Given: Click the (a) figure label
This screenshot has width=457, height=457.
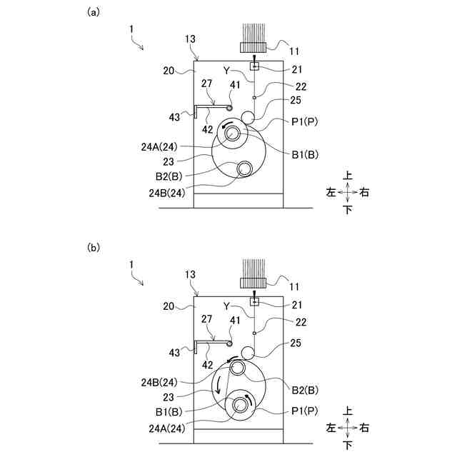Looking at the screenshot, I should pos(92,12).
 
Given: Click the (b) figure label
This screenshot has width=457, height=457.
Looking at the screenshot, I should pos(92,248).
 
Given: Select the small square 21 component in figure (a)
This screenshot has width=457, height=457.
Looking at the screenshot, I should pos(253,66).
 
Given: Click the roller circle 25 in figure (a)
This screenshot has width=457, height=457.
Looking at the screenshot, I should pos(248,116).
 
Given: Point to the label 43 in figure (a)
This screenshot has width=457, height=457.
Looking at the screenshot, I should pos(174,117).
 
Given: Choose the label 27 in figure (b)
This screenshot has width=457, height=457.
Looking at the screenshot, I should pos(206,319).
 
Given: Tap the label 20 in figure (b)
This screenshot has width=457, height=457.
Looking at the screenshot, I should pos(169,305).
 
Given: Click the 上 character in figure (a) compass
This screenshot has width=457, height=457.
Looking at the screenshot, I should pos(348,175).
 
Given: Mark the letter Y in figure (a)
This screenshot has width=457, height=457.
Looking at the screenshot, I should pos(226,70).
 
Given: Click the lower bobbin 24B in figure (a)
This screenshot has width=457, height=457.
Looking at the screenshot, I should pos(245,169).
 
